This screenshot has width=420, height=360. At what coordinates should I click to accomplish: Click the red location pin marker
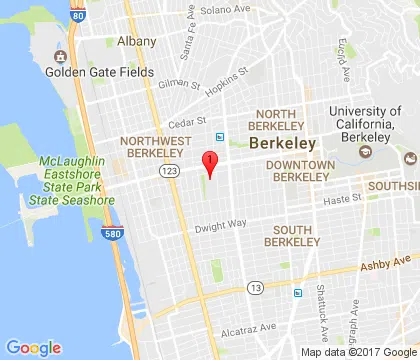tap(209, 162)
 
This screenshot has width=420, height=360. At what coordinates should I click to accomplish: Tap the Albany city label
tap(136, 41)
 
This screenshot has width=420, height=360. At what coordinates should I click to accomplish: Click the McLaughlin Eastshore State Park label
tap(71, 177)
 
